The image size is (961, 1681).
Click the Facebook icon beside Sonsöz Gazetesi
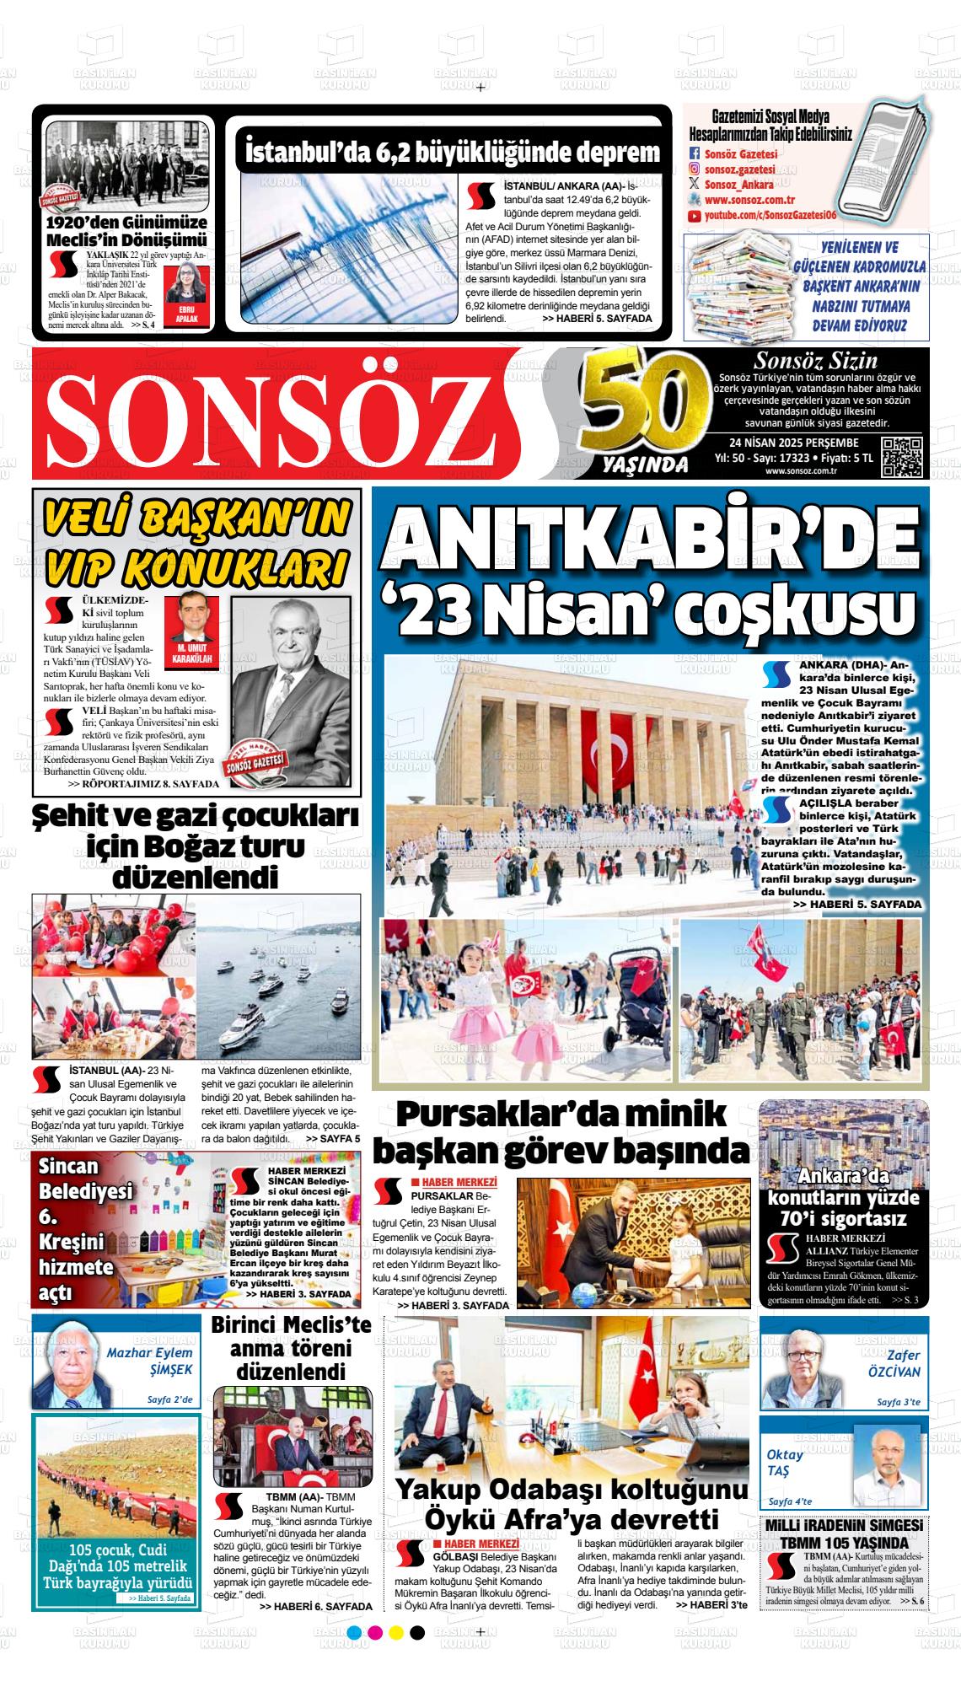(x=695, y=154)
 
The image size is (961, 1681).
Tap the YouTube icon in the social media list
(x=695, y=217)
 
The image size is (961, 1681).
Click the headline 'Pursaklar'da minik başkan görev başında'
(x=563, y=1132)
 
